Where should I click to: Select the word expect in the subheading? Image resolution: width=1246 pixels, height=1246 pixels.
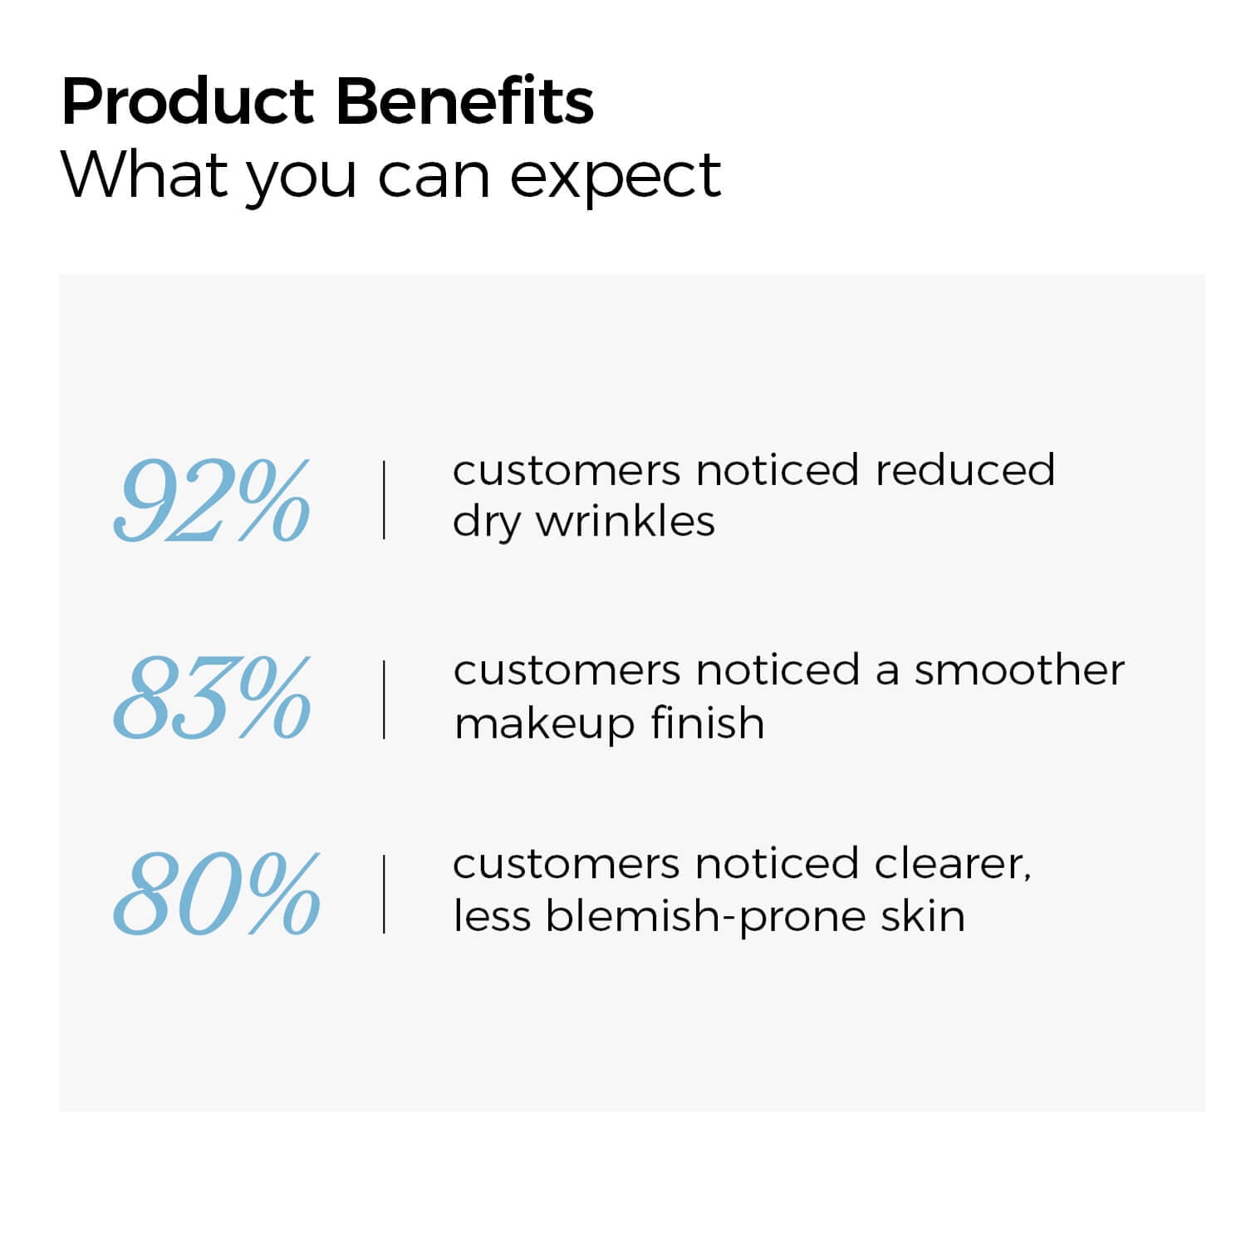[616, 178]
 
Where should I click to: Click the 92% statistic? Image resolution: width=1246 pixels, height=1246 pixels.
[212, 501]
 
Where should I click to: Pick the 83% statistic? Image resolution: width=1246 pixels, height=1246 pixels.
[212, 697]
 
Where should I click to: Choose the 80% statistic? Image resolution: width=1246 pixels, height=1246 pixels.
[216, 893]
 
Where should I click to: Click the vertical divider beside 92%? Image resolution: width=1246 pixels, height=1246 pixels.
[384, 500]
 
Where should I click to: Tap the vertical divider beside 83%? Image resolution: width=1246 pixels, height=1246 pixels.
[384, 699]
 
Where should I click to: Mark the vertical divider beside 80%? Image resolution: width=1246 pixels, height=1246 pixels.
[384, 895]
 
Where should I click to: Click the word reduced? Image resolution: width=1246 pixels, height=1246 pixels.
[964, 469]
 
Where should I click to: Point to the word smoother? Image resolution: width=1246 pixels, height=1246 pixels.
[1019, 670]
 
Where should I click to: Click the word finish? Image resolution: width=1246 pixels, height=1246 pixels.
[707, 721]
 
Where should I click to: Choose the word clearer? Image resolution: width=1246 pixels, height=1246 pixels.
[953, 865]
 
